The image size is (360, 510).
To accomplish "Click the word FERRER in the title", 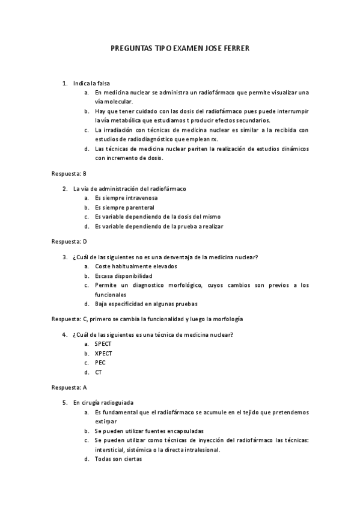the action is tap(234, 48).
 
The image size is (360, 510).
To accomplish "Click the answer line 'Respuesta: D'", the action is tap(69, 241).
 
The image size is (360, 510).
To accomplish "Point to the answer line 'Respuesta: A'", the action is tap(69, 387).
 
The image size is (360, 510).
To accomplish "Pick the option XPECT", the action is tap(103, 353).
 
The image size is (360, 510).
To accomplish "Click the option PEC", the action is tap(100, 363).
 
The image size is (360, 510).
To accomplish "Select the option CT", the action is tap(99, 372).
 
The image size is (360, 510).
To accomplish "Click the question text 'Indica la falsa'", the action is tap(91, 83).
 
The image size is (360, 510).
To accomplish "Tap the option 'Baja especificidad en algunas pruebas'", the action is tap(146, 304).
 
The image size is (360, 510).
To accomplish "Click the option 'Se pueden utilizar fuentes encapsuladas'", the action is tap(149, 431).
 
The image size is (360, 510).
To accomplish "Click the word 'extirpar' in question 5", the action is tap(105, 421).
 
